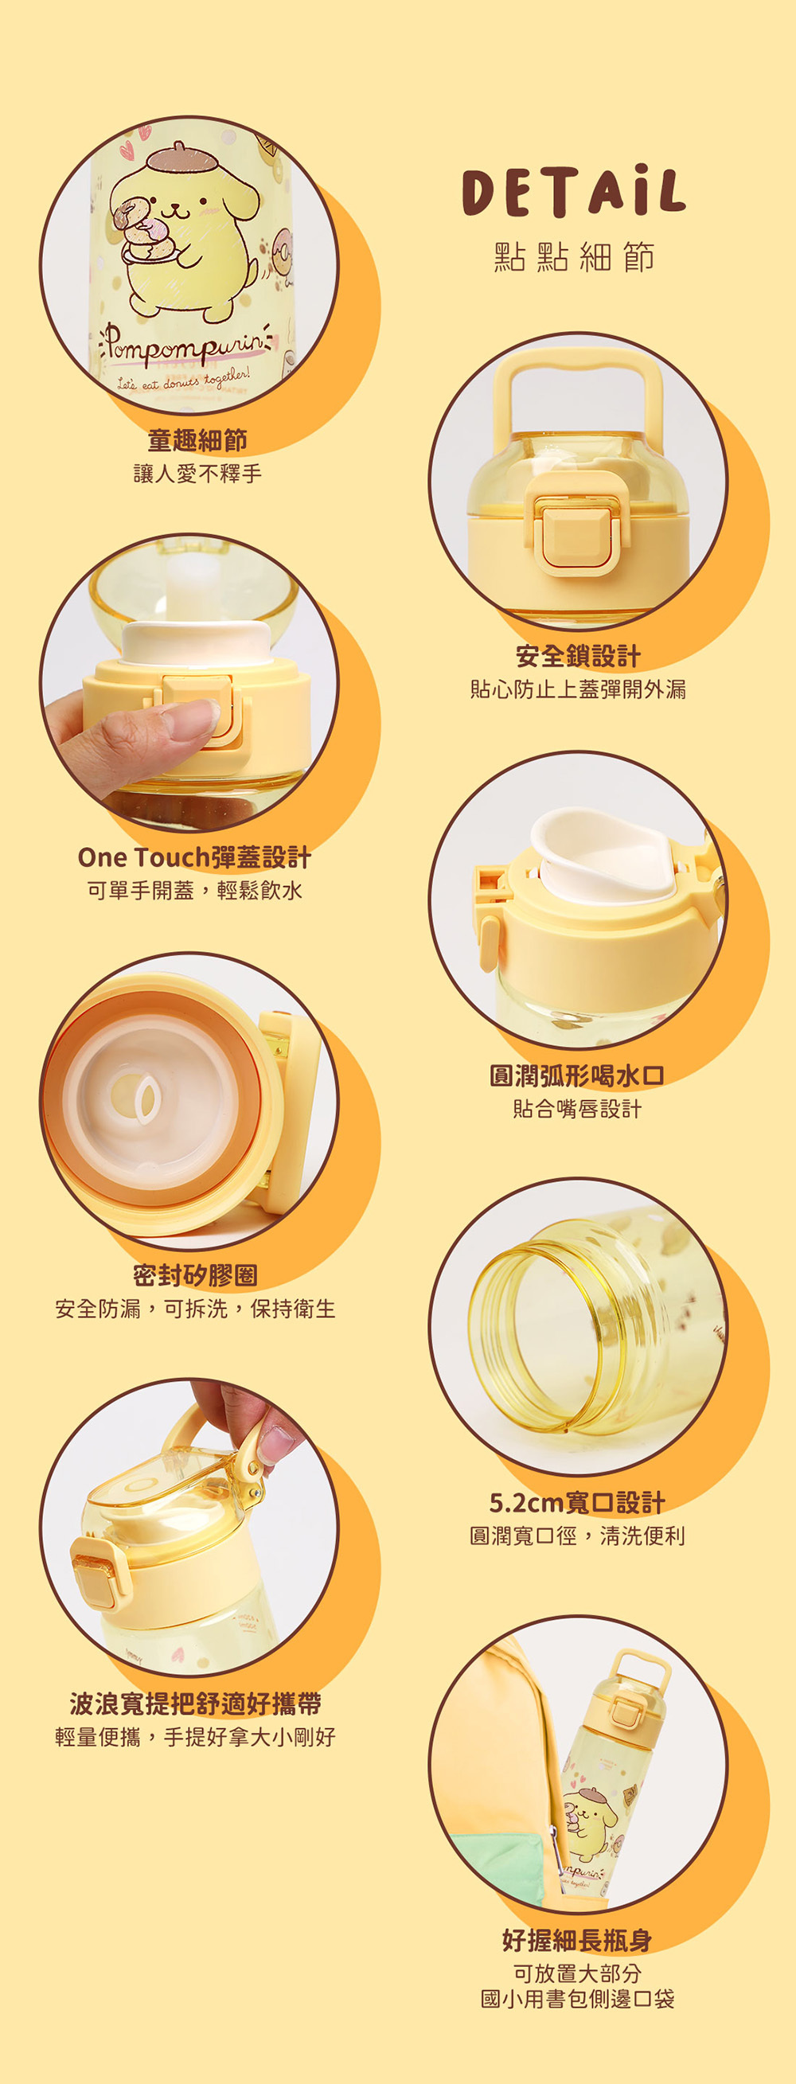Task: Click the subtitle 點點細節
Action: (x=573, y=257)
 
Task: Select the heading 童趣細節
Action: (x=197, y=440)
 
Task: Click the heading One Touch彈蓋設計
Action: (x=194, y=857)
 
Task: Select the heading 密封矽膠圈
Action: (x=195, y=1276)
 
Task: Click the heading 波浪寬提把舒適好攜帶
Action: (x=195, y=1703)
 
